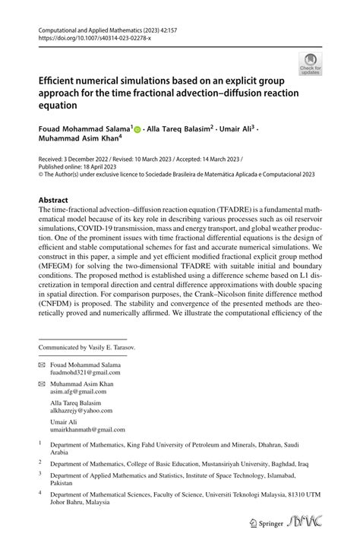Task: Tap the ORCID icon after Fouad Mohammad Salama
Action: click(138, 130)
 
